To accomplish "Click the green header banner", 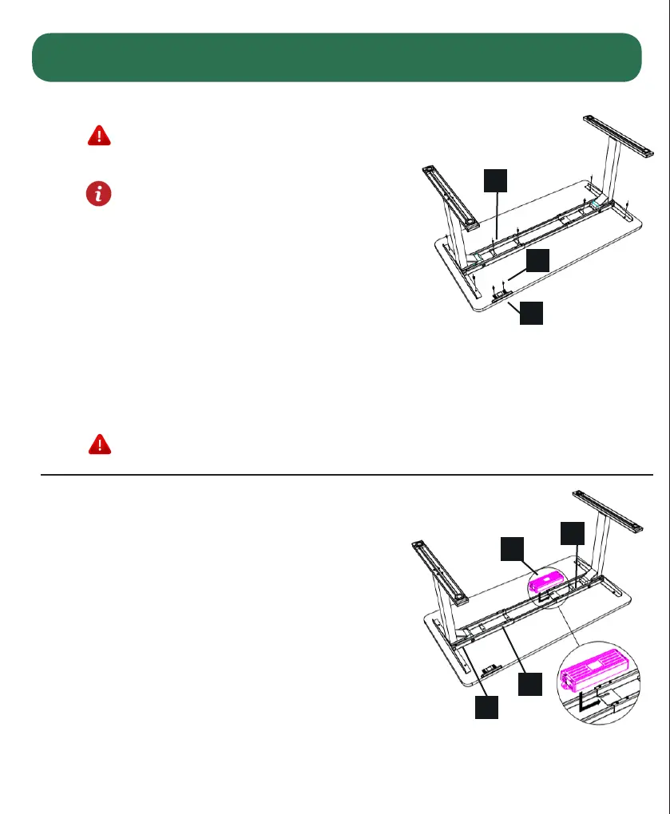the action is pyautogui.click(x=336, y=57).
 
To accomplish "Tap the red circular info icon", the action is pyautogui.click(x=98, y=194).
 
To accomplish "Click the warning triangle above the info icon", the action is pyautogui.click(x=98, y=136).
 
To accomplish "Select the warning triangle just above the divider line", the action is pyautogui.click(x=98, y=445).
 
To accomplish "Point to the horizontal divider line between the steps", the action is pyautogui.click(x=347, y=475).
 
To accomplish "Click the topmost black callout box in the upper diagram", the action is pyautogui.click(x=496, y=180).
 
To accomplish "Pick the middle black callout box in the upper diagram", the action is pyautogui.click(x=538, y=260).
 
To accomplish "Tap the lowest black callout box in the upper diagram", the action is pyautogui.click(x=532, y=313).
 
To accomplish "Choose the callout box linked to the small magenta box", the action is pyautogui.click(x=513, y=549).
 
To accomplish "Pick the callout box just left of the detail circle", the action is pyautogui.click(x=530, y=683).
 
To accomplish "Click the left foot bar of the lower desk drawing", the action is pyautogui.click(x=440, y=571).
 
